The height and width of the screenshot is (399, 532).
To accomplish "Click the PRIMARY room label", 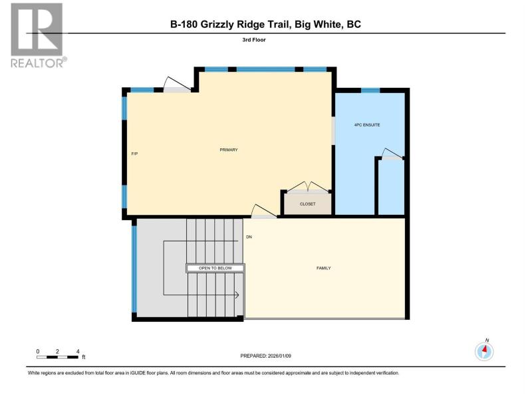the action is click(229, 150).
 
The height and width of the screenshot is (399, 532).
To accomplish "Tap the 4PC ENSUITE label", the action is click(367, 125).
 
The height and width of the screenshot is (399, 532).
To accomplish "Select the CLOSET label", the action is click(307, 204).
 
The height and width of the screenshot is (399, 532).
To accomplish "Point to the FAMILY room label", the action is click(323, 268).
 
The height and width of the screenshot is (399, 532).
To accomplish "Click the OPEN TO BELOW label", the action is click(215, 268).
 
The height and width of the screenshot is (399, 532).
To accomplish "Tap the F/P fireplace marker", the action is click(134, 154).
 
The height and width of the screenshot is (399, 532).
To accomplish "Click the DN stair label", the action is click(249, 237).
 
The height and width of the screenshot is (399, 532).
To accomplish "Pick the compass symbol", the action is click(484, 350).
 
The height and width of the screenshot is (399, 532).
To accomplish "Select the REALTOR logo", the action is click(38, 35).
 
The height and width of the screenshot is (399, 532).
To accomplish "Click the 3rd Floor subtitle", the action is click(254, 40).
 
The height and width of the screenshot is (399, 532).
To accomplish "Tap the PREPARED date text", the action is click(265, 356).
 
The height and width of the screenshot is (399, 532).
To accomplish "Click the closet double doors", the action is click(308, 187).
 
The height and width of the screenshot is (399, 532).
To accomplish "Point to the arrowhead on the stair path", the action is click(237, 295).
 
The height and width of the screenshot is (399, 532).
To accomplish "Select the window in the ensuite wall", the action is click(370, 90).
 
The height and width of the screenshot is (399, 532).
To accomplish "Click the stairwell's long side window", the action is click(134, 269).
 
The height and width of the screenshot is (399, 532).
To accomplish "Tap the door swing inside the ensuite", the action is click(392, 154).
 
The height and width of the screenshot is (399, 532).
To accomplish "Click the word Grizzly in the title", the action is click(219, 25).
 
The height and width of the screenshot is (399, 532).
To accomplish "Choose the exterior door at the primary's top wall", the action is click(177, 85).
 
